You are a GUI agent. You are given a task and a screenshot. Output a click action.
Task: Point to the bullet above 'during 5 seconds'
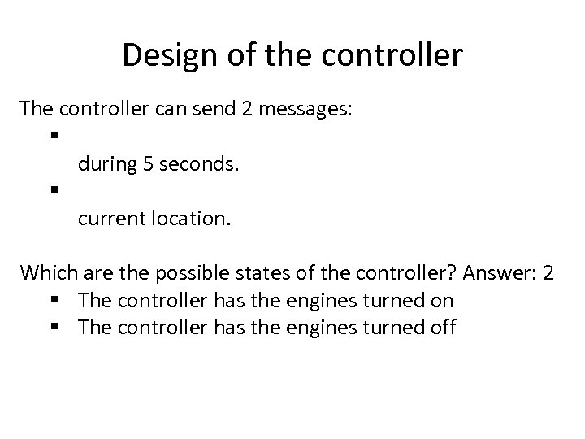coord(52,135)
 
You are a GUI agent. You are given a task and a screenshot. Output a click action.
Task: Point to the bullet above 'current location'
coord(52,190)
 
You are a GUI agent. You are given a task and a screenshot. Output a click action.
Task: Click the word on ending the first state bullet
coord(443,301)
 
